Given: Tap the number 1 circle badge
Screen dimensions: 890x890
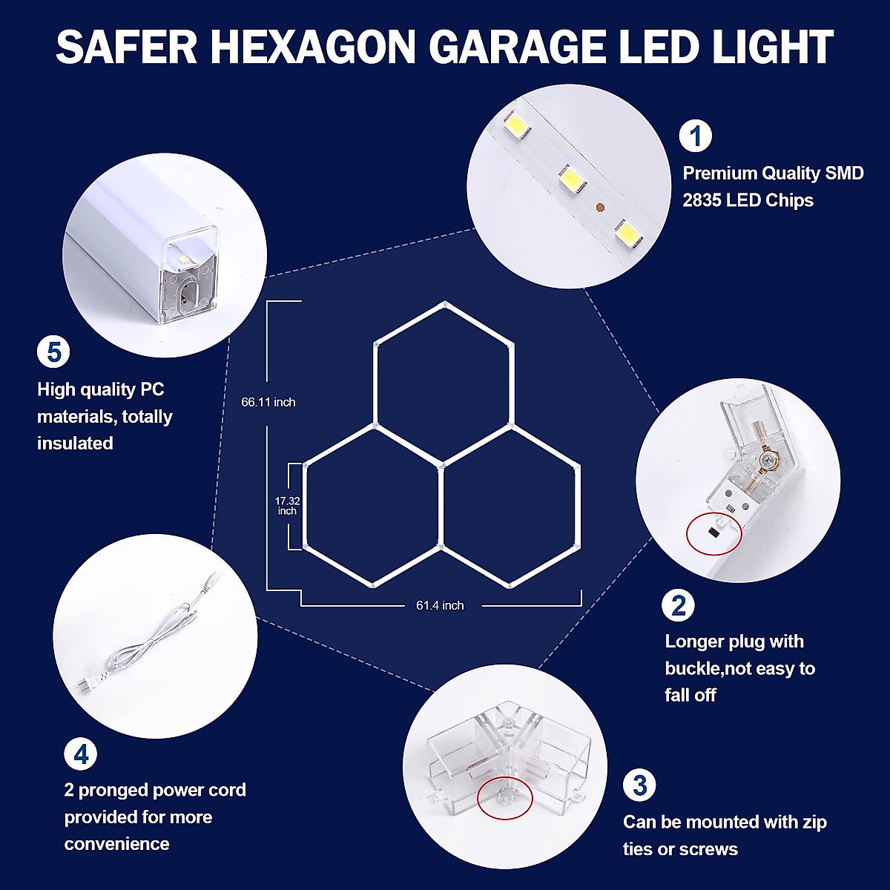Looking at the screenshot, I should (695, 136).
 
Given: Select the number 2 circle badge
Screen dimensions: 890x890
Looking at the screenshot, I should (678, 605).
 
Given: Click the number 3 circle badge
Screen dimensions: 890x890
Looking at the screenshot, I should (639, 785).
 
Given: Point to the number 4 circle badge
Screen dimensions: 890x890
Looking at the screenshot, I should (80, 754).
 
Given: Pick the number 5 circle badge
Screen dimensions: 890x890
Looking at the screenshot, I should (53, 352).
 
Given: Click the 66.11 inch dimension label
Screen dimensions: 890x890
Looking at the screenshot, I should (268, 402).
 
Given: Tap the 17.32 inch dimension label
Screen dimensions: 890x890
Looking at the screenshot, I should (287, 506).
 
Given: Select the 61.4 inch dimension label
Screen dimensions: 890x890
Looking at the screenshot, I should (440, 605).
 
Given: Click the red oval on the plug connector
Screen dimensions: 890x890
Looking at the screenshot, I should (713, 533).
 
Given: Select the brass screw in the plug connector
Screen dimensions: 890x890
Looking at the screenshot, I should (768, 461).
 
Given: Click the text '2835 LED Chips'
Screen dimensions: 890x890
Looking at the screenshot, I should (748, 200).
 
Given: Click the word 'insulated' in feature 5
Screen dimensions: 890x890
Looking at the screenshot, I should (75, 443).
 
